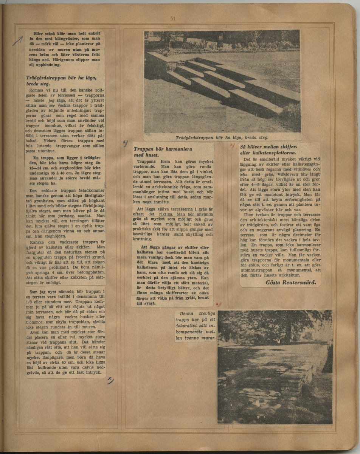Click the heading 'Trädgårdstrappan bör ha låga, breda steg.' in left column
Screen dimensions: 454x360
62,81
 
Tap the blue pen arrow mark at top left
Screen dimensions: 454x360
18,40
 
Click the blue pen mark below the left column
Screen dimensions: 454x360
110,381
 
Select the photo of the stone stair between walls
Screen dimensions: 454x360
275,367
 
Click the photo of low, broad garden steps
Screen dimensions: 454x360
222,81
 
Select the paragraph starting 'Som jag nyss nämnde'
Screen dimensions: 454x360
65,309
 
